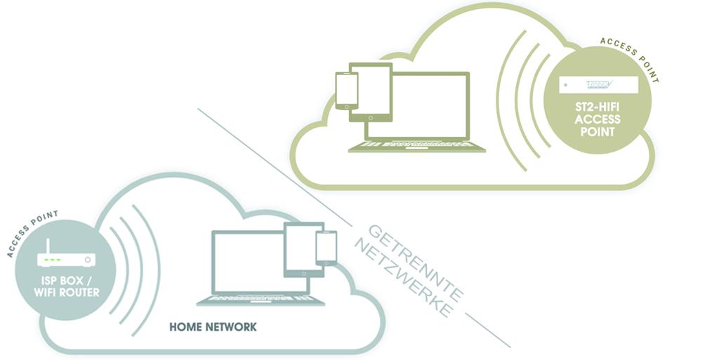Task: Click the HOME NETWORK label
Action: coord(213,327)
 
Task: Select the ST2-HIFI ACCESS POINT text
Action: coord(597,120)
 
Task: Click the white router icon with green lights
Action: coord(67,260)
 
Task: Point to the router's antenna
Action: coord(48,246)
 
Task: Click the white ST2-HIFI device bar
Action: coord(599,86)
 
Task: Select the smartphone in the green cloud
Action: coord(346,91)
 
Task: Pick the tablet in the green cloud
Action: coord(370,92)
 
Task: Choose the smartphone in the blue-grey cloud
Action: coord(326,248)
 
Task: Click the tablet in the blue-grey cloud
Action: coord(303,250)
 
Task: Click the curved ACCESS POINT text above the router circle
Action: coord(32,232)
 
